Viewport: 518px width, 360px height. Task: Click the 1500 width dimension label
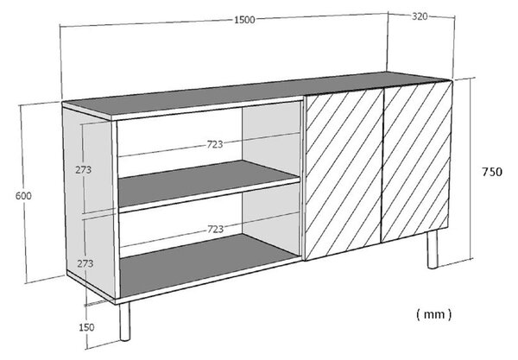coord(244,20)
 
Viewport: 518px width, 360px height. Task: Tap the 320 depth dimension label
coord(420,16)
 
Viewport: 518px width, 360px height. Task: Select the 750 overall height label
coord(492,172)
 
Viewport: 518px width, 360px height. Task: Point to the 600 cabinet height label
coord(23,196)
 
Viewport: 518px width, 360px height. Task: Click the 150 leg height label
coord(86,327)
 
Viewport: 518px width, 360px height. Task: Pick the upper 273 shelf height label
coord(83,170)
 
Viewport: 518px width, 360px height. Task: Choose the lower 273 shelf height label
coord(85,263)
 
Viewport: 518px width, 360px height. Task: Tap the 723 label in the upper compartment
coord(215,144)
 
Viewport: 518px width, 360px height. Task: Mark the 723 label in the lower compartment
coord(215,229)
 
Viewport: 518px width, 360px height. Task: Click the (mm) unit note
coord(433,314)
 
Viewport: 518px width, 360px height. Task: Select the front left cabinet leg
coord(124,321)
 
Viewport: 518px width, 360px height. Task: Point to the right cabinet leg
coord(433,249)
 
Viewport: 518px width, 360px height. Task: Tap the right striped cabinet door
coord(416,161)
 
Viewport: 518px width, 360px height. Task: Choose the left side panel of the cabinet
coord(89,201)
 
